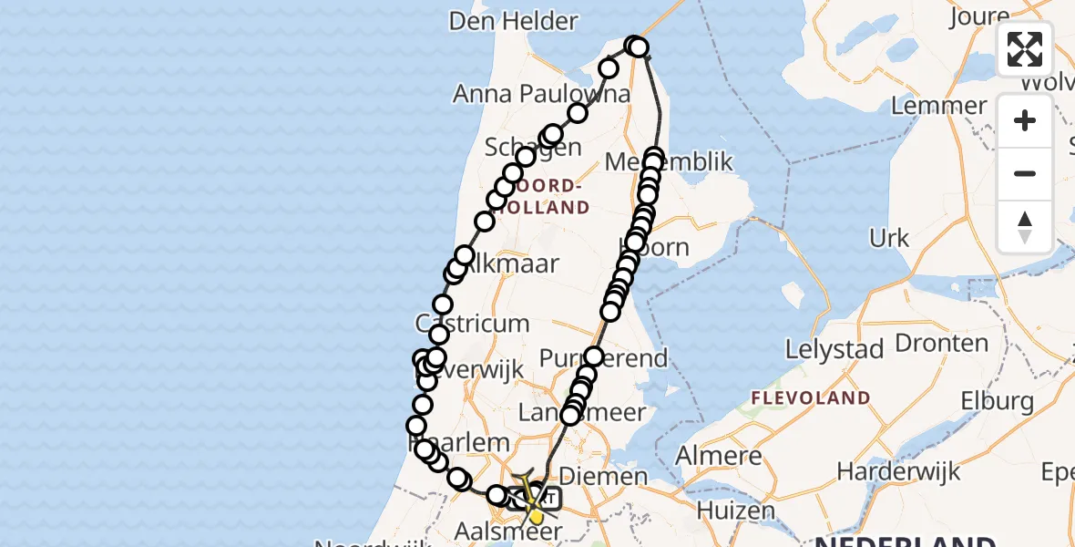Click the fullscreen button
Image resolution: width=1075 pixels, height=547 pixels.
coord(1025,49)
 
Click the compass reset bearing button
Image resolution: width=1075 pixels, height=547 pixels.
coord(1025,227)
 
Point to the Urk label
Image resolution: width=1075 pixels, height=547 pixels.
coord(889,239)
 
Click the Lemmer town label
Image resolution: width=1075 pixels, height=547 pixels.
coord(938,106)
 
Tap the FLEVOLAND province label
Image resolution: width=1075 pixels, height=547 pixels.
coord(811,398)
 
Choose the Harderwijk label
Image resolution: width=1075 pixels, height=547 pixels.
coord(886,471)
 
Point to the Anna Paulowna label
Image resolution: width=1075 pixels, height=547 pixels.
coord(541,94)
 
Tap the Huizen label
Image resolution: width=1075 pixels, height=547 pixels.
coord(734,511)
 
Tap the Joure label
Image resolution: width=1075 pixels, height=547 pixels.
coord(979,17)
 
